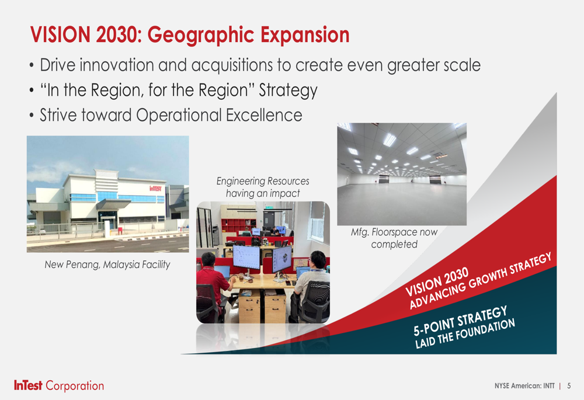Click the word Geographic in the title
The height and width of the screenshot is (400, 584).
pyautogui.click(x=201, y=36)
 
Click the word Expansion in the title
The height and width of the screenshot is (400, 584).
pyautogui.click(x=305, y=36)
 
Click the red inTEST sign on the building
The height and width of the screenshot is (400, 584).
pyautogui.click(x=156, y=188)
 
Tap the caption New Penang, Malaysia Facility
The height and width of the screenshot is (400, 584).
pyautogui.click(x=107, y=265)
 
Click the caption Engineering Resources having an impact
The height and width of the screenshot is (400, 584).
pyautogui.click(x=263, y=187)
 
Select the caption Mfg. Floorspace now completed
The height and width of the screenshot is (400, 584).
pyautogui.click(x=394, y=238)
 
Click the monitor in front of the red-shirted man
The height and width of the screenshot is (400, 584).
pyautogui.click(x=246, y=257)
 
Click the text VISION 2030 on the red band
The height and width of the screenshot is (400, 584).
pyautogui.click(x=437, y=281)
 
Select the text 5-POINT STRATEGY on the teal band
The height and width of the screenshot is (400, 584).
pyautogui.click(x=460, y=321)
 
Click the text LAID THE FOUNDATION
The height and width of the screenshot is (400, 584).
pyautogui.click(x=465, y=333)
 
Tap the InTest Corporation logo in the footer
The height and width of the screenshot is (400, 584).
pyautogui.click(x=59, y=385)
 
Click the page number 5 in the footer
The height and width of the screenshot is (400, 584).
pyautogui.click(x=569, y=386)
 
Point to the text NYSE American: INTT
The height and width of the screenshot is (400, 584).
pyautogui.click(x=524, y=386)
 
